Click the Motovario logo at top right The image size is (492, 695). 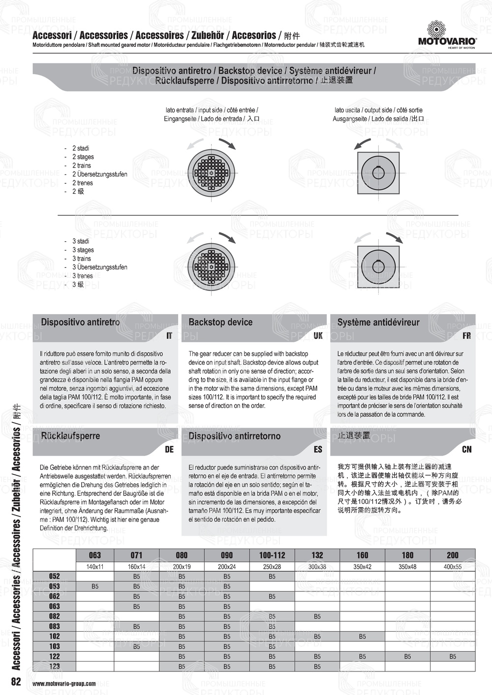(447, 35)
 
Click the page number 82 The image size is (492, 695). (16, 681)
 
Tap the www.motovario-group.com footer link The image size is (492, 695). (64, 683)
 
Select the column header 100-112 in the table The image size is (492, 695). (272, 555)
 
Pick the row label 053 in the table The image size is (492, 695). (54, 586)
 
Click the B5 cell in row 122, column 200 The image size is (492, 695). (453, 656)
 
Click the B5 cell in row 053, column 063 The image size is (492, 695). (95, 586)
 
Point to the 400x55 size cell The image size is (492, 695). (453, 566)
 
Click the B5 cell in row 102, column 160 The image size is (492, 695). (362, 636)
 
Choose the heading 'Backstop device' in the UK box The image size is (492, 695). (220, 322)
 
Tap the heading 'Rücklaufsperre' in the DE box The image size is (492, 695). (70, 436)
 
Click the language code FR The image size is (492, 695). (466, 335)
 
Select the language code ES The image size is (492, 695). (318, 449)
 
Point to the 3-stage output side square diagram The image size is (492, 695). (379, 266)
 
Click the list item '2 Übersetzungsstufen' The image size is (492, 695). (99, 174)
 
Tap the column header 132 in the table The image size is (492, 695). (317, 555)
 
